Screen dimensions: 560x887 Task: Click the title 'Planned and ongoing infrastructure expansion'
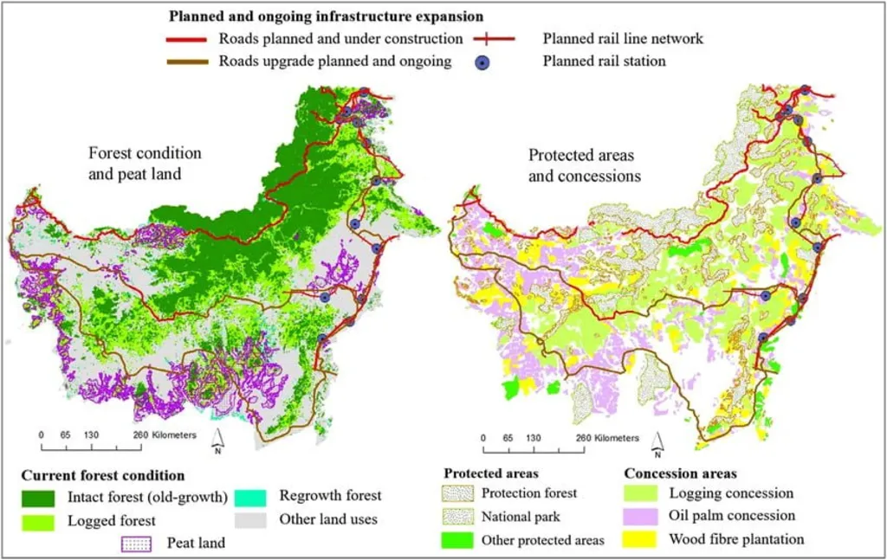326,16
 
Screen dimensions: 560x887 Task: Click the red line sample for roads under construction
186,40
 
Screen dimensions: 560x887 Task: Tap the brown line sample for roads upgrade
186,62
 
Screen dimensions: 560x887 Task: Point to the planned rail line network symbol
493,39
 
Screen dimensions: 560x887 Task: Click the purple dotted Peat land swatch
138,544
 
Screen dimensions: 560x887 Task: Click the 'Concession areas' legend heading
680,473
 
